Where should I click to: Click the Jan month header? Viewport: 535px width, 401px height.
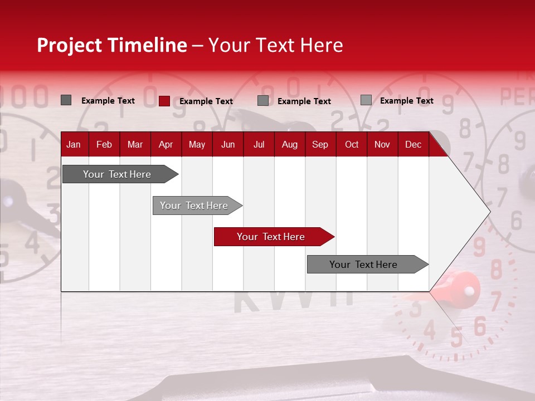(x=74, y=144)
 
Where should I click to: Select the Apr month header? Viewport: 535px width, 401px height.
(x=166, y=144)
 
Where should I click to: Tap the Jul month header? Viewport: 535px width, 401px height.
(x=259, y=144)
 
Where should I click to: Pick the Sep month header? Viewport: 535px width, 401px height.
(x=320, y=144)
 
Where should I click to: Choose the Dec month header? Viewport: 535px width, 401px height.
(x=413, y=144)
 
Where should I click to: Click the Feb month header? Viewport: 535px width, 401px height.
(x=104, y=144)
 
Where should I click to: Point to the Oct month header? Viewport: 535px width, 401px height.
(x=352, y=144)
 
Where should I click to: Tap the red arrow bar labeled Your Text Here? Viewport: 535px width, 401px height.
(x=271, y=237)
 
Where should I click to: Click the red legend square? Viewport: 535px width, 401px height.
(x=164, y=101)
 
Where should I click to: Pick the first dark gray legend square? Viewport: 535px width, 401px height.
(x=66, y=100)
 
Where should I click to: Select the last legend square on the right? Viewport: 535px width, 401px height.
(x=366, y=100)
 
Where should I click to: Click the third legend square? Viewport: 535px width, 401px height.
(x=263, y=101)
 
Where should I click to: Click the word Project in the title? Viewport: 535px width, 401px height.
(x=69, y=45)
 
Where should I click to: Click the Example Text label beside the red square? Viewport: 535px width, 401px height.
(x=206, y=101)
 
